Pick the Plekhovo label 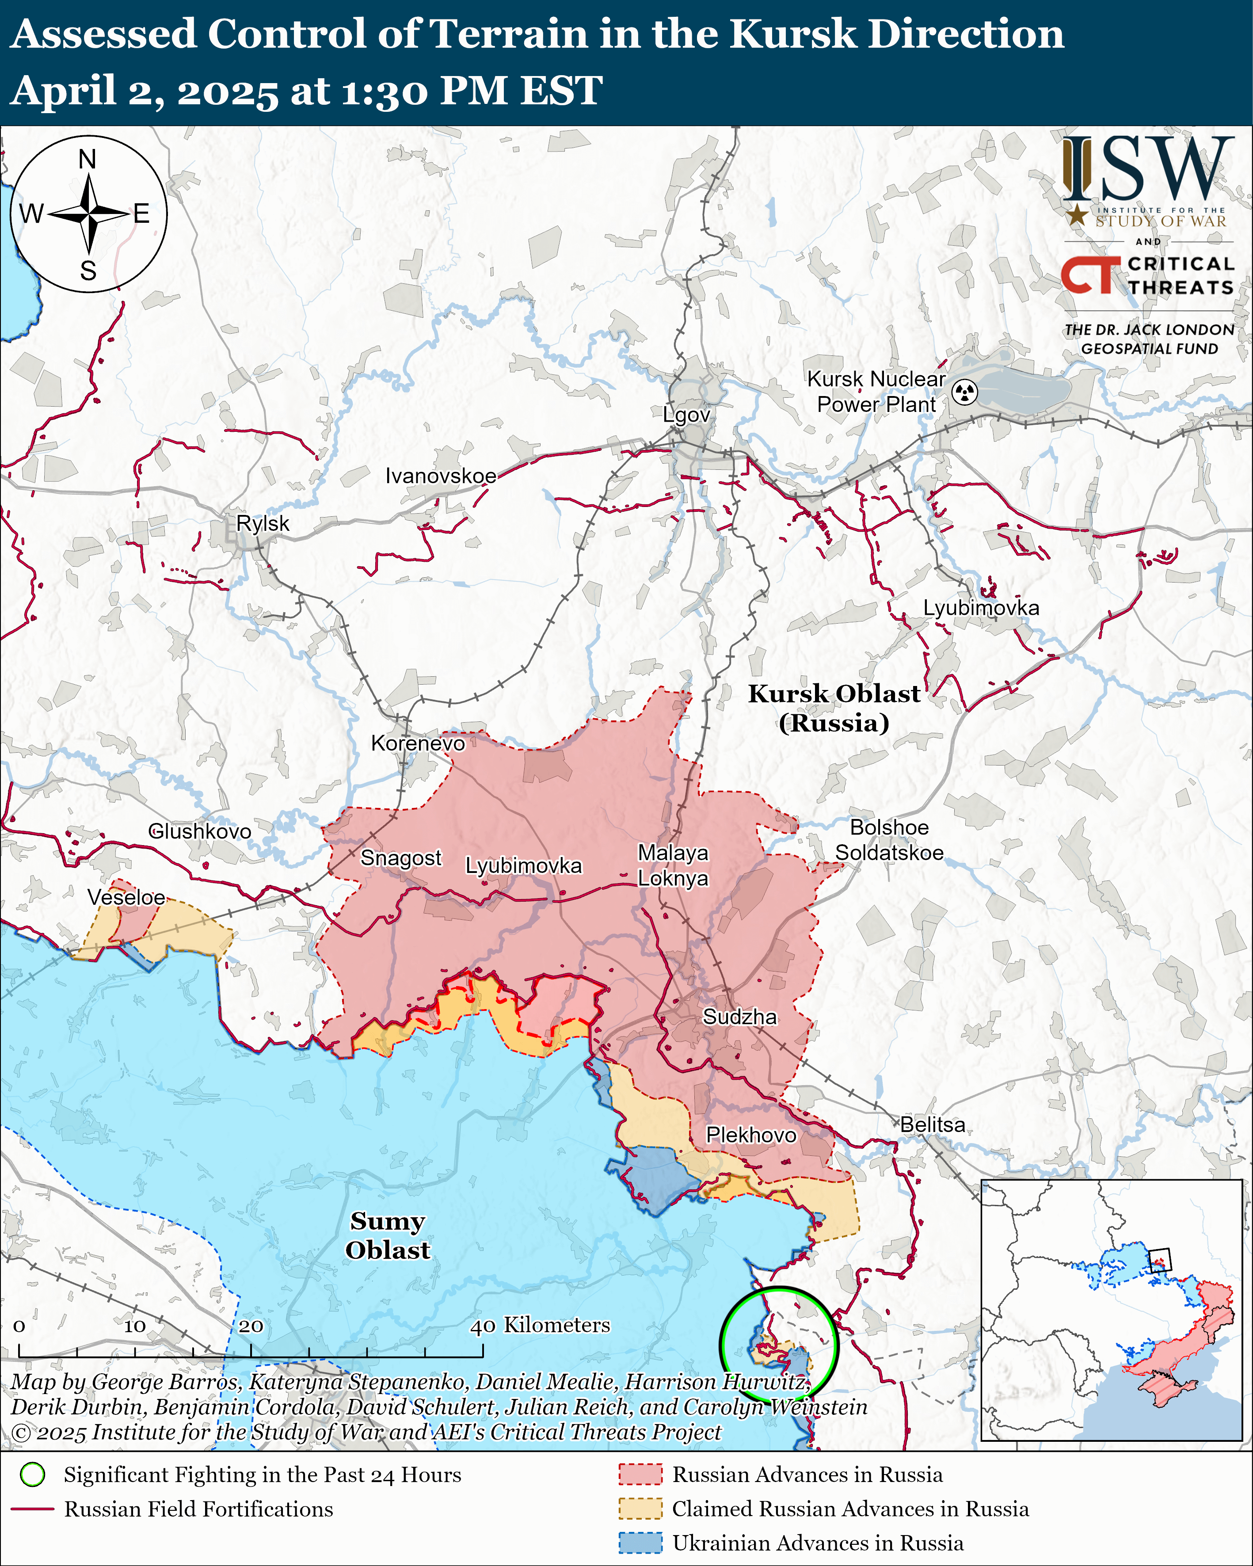751,1135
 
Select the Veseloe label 126,897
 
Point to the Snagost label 401,858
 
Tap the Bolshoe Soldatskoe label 889,840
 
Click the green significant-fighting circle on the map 779,1345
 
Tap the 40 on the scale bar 482,1326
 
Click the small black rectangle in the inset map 1160,1260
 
